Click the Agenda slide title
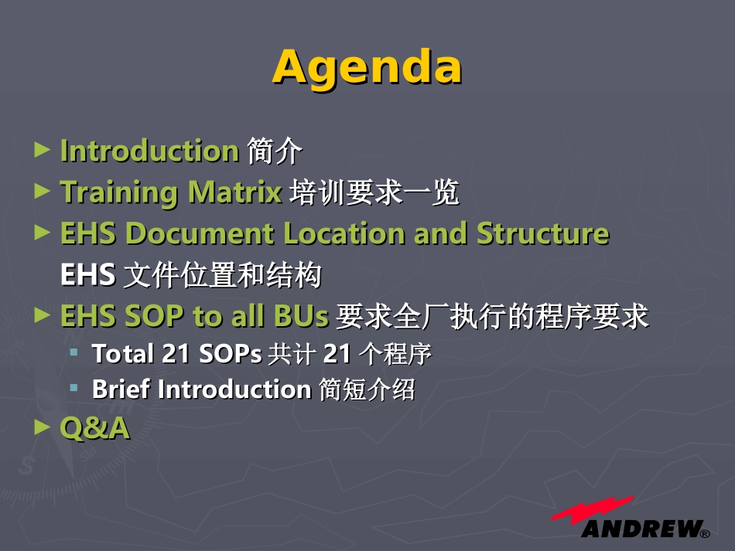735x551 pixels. (367, 68)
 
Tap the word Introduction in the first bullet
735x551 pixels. (150, 151)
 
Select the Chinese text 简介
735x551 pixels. (275, 151)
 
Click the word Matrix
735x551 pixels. (235, 192)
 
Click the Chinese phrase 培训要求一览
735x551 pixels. (374, 192)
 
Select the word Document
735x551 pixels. (200, 233)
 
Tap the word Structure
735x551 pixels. (543, 233)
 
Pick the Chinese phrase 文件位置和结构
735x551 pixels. (223, 275)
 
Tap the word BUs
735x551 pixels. (301, 316)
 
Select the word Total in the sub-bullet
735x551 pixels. (123, 353)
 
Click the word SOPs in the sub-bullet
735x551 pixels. (230, 353)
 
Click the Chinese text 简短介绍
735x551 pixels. (367, 389)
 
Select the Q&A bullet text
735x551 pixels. (94, 428)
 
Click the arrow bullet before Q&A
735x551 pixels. (43, 427)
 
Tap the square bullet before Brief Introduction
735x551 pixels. (73, 388)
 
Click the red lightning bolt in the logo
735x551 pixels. (593, 509)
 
